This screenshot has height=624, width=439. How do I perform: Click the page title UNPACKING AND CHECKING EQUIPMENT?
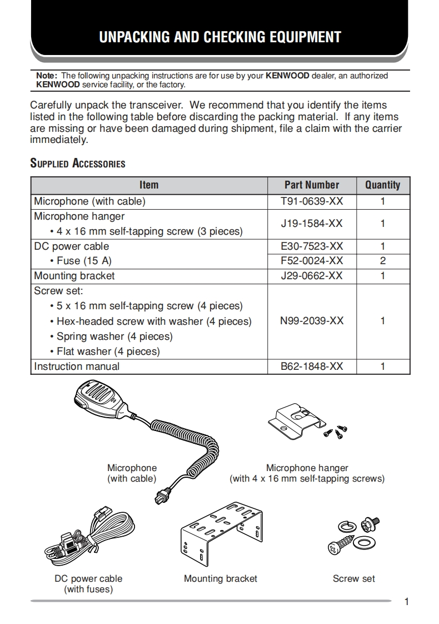click(219, 37)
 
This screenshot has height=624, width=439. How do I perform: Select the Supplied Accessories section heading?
click(77, 164)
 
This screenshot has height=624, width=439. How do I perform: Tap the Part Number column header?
click(311, 185)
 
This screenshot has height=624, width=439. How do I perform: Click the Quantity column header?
click(382, 185)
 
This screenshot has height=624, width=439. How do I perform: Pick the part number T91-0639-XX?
click(311, 201)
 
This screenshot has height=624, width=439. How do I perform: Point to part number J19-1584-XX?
click(311, 224)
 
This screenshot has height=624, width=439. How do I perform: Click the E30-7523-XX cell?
click(311, 246)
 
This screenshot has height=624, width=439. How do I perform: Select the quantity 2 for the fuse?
click(382, 261)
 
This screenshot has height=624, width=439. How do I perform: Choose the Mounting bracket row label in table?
click(74, 276)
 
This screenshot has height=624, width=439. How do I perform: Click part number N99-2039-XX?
click(311, 321)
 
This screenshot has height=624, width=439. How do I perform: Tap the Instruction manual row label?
click(77, 367)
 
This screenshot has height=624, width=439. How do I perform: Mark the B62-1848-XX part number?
click(311, 367)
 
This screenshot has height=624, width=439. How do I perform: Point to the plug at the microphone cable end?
click(162, 493)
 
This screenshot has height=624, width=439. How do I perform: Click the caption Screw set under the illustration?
click(353, 579)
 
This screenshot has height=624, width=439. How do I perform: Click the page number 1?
click(407, 602)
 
